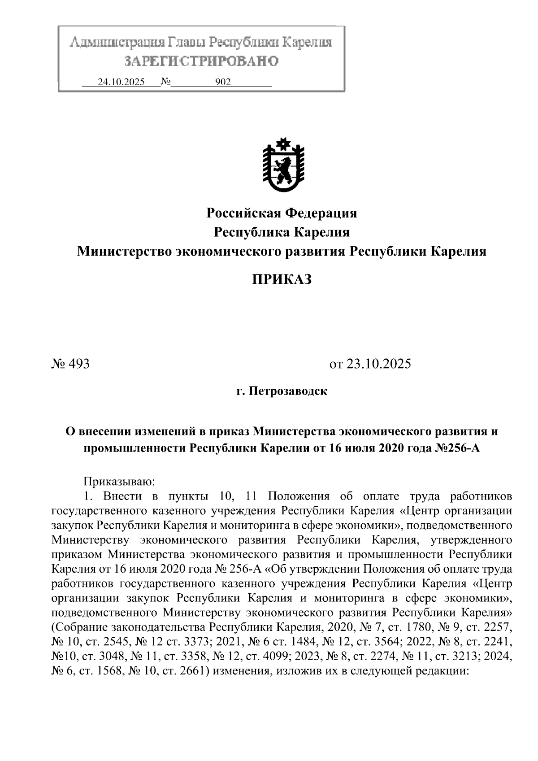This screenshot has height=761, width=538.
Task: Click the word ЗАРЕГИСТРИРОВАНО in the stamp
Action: (201, 61)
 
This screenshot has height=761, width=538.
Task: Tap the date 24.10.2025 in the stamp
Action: (121, 82)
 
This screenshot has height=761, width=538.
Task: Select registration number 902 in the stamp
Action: (223, 82)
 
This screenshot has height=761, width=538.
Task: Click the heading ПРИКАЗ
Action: (282, 280)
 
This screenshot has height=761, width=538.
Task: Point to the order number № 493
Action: (71, 363)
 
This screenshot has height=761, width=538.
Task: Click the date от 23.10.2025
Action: (370, 363)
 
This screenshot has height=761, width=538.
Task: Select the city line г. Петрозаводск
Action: (282, 391)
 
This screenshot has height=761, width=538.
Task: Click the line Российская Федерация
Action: (282, 213)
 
